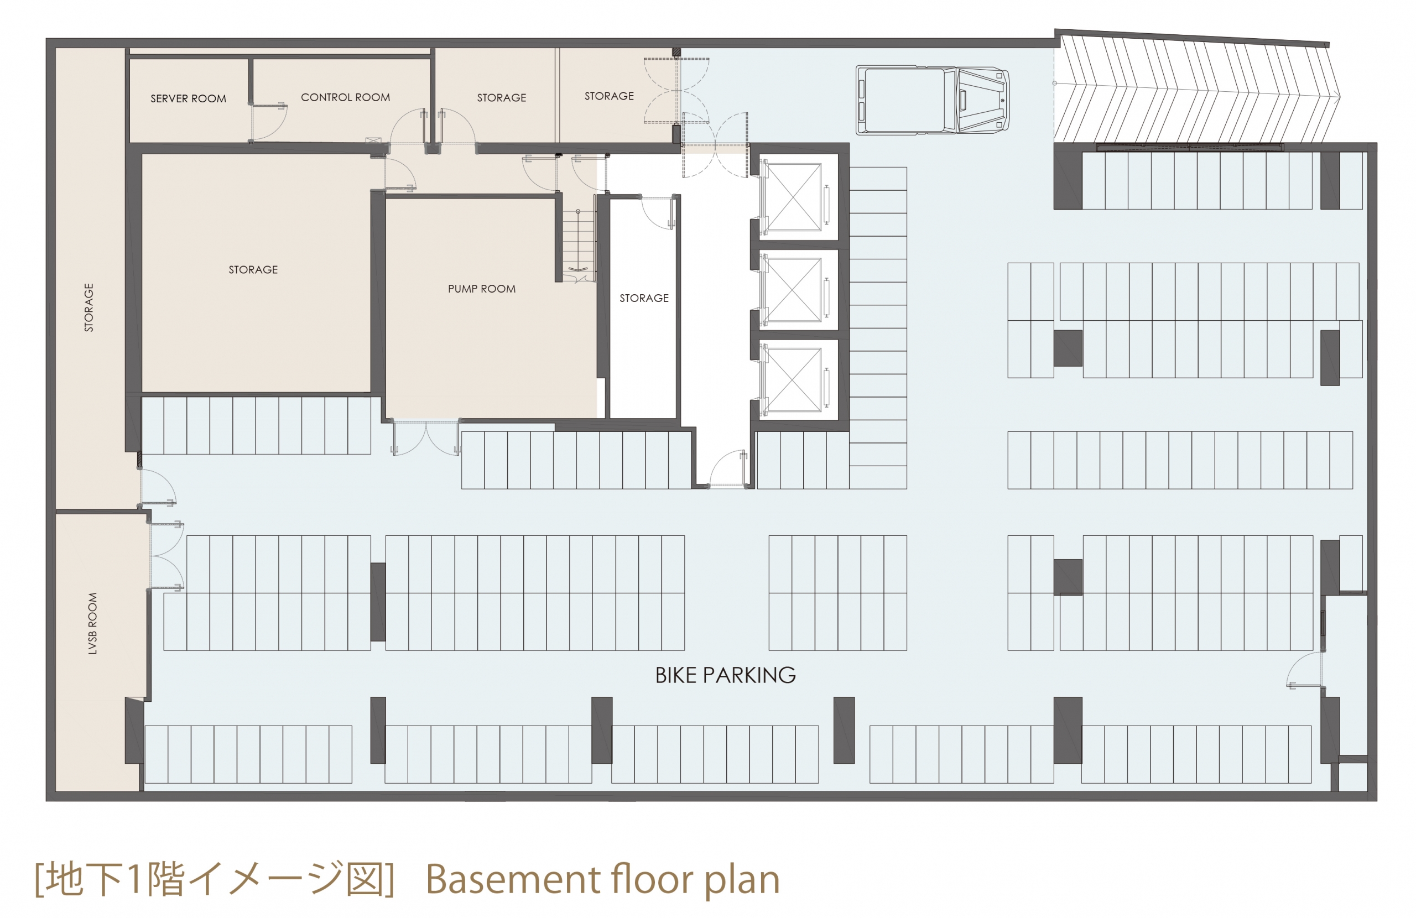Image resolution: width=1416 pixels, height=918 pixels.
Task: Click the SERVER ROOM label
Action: pyautogui.click(x=188, y=99)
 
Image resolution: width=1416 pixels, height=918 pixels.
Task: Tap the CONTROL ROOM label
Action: pyautogui.click(x=345, y=97)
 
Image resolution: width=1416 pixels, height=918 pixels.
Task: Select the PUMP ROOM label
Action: pyautogui.click(x=481, y=289)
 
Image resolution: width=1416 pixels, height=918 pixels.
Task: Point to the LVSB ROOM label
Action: pyautogui.click(x=92, y=623)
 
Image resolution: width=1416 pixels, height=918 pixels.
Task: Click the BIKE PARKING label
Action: pyautogui.click(x=725, y=675)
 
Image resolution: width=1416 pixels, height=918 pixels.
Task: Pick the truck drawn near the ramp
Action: pyautogui.click(x=933, y=100)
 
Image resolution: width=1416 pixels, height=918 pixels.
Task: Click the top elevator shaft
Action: pyautogui.click(x=794, y=197)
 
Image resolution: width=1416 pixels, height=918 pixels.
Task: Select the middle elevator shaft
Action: pyautogui.click(x=794, y=289)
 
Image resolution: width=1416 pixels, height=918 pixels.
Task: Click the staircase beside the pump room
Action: pyautogui.click(x=579, y=245)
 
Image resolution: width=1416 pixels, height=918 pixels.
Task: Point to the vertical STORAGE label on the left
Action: pyautogui.click(x=88, y=307)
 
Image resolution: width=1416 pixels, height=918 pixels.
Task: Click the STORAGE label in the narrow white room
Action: pyautogui.click(x=644, y=298)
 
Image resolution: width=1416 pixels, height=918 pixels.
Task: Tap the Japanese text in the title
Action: pyautogui.click(x=214, y=879)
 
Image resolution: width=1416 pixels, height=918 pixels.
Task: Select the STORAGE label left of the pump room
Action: pyautogui.click(x=253, y=270)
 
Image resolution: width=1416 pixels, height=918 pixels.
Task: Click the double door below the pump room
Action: pyautogui.click(x=426, y=439)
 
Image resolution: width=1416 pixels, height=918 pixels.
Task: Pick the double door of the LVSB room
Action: pyautogui.click(x=166, y=556)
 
